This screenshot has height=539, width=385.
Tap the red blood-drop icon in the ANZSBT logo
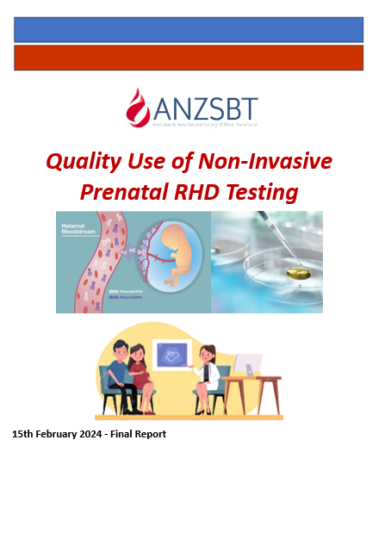coord(138,108)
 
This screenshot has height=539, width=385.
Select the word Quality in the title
coord(84,161)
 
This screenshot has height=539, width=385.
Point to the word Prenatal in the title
coord(117,191)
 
